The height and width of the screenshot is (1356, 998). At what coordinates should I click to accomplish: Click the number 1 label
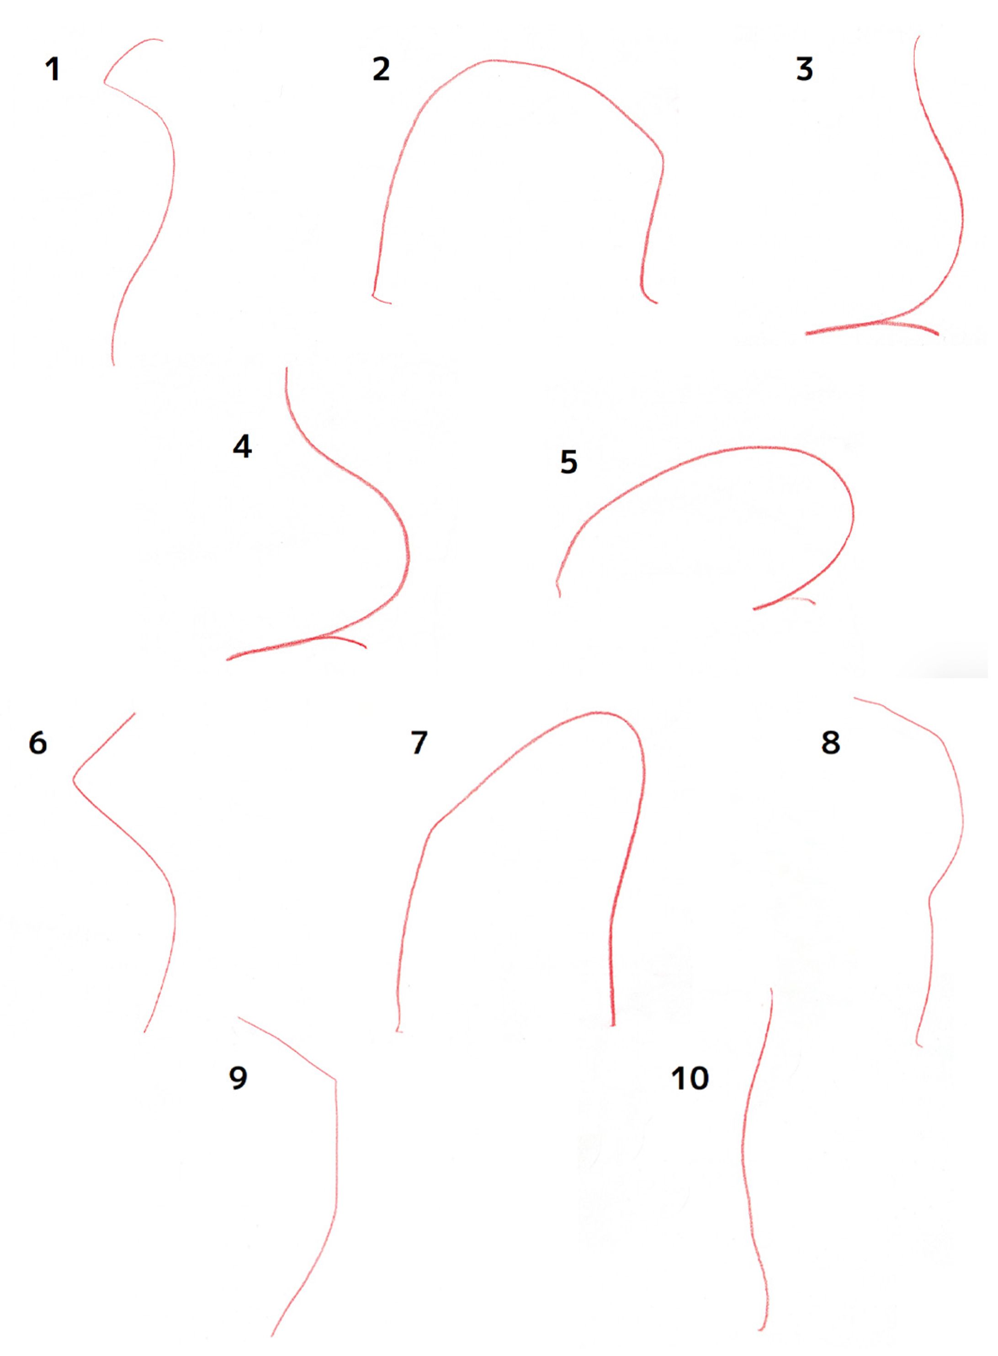(53, 69)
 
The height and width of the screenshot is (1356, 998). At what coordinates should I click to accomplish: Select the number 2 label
(381, 69)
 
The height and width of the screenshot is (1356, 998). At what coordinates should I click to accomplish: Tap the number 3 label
(805, 69)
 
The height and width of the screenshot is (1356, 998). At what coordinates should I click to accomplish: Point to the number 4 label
(242, 447)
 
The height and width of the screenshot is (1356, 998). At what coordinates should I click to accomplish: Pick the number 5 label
(568, 462)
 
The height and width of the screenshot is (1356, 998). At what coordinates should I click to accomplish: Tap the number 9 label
(238, 1077)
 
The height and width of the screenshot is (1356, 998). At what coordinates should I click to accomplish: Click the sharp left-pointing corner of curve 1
(105, 82)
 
